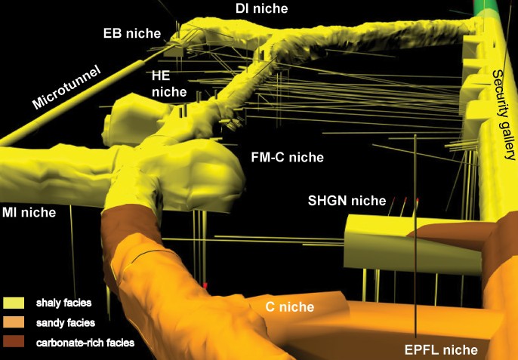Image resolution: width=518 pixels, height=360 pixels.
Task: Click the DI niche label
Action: click(x=261, y=8)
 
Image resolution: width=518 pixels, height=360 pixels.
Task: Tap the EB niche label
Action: click(x=132, y=33)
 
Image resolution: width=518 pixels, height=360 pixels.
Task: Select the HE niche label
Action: click(x=169, y=84)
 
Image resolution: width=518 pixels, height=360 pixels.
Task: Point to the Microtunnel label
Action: click(x=66, y=88)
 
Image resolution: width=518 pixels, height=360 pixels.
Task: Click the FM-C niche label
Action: click(x=288, y=157)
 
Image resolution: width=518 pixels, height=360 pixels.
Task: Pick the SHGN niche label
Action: click(x=347, y=201)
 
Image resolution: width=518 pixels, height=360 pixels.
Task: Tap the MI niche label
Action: click(x=29, y=212)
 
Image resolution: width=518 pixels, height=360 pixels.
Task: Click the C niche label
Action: click(x=290, y=307)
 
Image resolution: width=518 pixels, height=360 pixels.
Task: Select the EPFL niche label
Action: click(x=441, y=349)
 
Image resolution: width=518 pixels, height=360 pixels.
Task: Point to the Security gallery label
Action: click(x=503, y=115)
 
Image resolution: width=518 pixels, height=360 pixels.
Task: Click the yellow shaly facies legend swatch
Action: click(x=14, y=303)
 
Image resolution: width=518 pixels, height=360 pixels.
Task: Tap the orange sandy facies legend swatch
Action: click(x=14, y=322)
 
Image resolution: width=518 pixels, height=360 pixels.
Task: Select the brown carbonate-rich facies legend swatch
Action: click(x=14, y=341)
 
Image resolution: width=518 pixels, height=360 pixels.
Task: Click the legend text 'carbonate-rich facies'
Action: click(x=85, y=343)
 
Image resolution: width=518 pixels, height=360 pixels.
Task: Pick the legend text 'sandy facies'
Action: click(x=66, y=323)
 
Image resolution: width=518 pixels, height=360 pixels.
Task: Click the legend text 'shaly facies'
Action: click(x=63, y=303)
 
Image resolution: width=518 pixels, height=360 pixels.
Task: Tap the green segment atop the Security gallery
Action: click(x=486, y=8)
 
